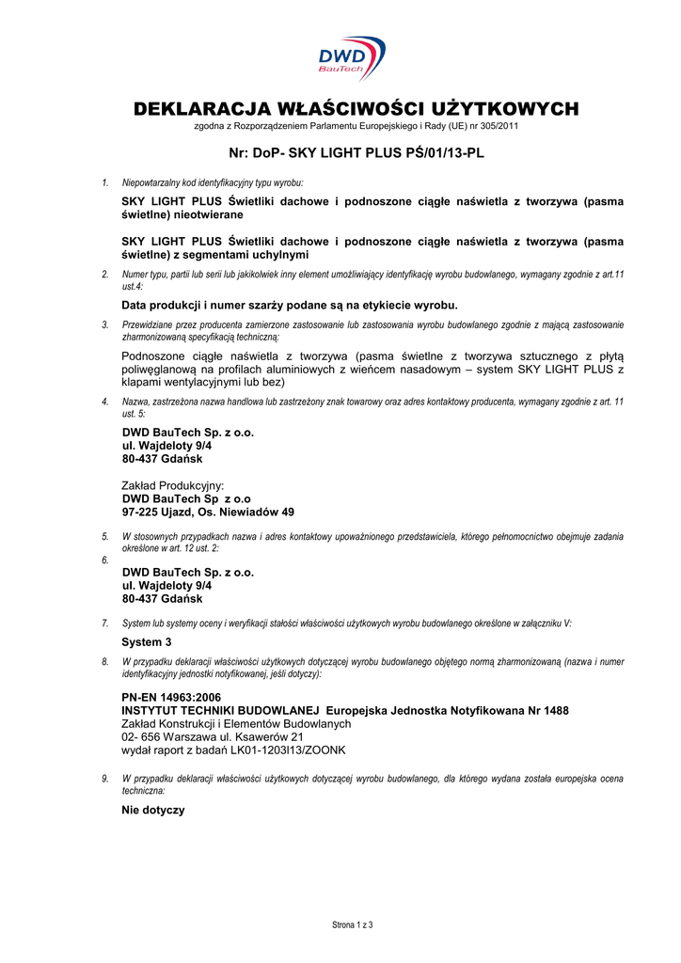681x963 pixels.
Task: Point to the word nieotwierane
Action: click(x=208, y=215)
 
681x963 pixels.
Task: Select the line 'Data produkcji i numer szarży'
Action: click(x=290, y=305)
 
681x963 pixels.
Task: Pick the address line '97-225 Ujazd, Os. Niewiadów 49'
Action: click(x=209, y=513)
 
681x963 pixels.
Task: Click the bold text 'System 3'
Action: click(x=148, y=641)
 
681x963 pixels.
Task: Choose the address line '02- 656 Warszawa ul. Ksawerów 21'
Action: click(x=213, y=737)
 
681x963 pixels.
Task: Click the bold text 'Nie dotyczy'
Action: click(x=153, y=810)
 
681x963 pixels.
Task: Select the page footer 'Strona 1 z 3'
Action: click(x=353, y=925)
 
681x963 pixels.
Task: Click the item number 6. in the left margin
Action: click(x=104, y=560)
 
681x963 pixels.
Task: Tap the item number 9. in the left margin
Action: click(x=105, y=779)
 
